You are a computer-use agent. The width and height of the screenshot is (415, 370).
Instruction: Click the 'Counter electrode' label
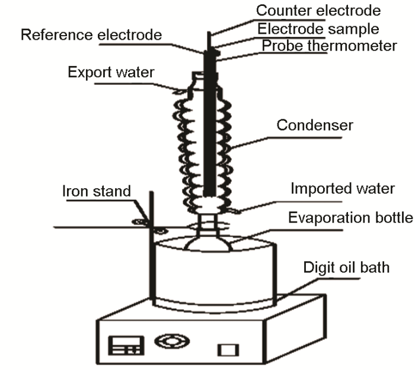point(318,10)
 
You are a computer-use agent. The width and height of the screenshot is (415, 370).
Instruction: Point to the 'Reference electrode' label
point(91,35)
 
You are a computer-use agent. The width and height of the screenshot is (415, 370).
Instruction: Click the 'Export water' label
point(111,73)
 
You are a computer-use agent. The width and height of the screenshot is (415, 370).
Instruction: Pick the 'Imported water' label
point(342,189)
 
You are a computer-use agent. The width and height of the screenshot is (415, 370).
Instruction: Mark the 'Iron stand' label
point(96,192)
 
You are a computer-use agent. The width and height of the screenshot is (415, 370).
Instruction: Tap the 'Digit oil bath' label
point(346,267)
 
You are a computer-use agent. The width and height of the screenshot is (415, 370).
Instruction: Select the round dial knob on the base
point(172,341)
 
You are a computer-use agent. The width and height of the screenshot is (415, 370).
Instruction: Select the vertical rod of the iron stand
point(152,249)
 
